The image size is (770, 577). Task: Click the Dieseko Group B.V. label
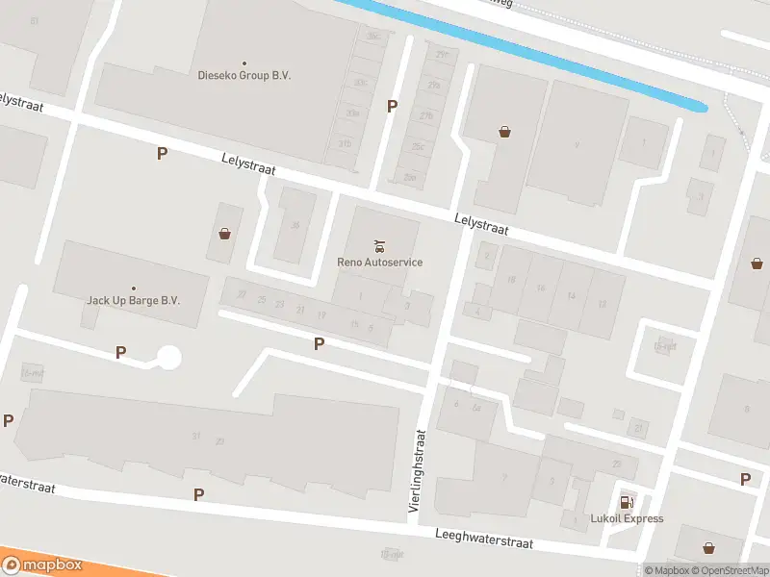coord(244,75)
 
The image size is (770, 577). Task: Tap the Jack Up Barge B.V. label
coord(134,300)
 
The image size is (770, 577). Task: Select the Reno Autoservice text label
coord(379,262)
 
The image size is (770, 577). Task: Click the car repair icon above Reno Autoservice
coord(379,244)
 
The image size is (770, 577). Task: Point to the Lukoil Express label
coord(627,518)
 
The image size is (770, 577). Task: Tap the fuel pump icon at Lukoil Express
coord(627,501)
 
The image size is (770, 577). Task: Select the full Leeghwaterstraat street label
coord(483,539)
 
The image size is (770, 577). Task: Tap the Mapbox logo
coord(42,564)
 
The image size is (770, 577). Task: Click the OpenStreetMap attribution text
coord(731,570)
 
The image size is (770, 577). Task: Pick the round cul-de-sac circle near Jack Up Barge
coord(168,358)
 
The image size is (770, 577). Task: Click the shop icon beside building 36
coord(224,233)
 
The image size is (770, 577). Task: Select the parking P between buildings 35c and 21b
coord(392,106)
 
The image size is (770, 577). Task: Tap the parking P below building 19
coord(319,343)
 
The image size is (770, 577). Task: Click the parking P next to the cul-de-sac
coord(120,352)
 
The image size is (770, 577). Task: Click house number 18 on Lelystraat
coord(511,280)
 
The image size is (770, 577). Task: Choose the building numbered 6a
coord(475,407)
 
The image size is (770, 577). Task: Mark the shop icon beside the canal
coord(504,133)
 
